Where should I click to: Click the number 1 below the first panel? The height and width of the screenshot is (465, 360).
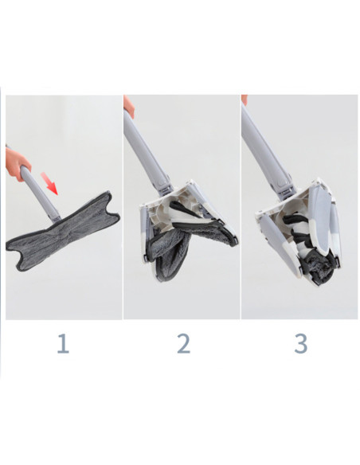tap(63, 343)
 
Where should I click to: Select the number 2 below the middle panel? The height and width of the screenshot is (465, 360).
tap(182, 343)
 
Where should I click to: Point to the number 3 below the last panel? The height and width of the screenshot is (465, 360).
tap(300, 343)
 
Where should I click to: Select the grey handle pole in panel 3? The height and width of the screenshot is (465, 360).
tap(266, 151)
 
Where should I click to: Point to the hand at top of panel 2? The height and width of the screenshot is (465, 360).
tap(128, 104)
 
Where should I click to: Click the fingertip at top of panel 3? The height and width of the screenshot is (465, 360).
tap(245, 100)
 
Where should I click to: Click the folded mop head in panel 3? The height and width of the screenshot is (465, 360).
tap(299, 231)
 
